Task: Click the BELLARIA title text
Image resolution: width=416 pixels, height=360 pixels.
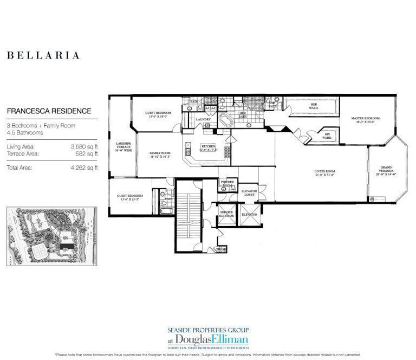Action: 43,55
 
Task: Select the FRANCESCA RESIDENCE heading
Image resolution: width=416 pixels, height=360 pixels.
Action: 49,111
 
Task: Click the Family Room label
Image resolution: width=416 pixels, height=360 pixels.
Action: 160,155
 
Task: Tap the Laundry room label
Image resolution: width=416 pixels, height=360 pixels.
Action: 203,119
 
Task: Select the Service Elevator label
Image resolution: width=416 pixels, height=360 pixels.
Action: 226,214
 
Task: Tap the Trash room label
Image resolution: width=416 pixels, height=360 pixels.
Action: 220,249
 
